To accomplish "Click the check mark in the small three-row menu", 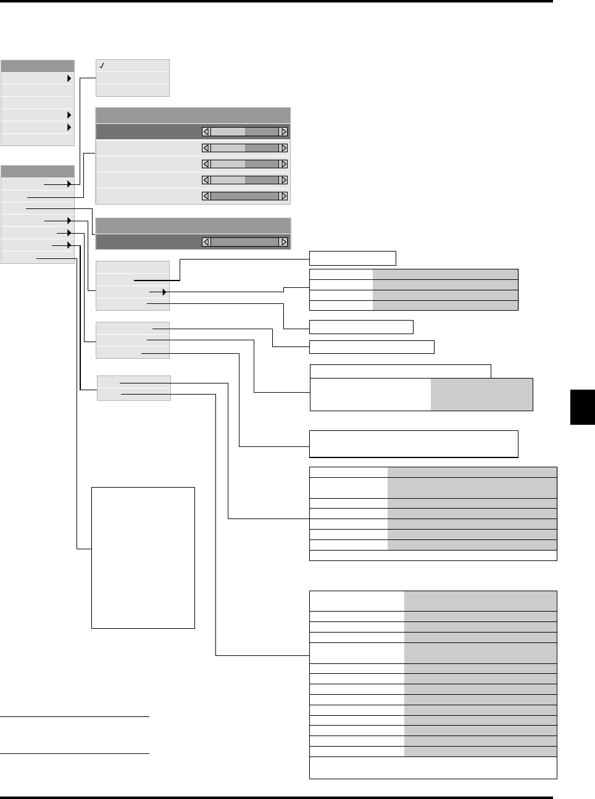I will (102, 65).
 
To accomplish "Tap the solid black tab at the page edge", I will (582, 407).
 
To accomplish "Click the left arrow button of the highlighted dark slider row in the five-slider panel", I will (206, 131).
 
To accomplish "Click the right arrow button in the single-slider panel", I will (283, 242).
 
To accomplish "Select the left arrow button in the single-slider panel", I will (206, 242).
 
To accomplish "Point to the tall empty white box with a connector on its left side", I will (143, 557).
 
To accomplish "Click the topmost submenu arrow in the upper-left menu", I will (69, 78).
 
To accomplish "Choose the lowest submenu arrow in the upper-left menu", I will (69, 127).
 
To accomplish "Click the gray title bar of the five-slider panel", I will (193, 115).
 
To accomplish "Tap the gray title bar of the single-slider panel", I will (193, 225).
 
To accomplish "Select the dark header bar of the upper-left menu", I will (38, 66).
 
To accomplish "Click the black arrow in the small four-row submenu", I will (164, 292).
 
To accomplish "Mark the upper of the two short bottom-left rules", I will (75, 717).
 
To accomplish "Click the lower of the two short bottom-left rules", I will (75, 753).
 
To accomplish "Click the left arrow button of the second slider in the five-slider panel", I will (206, 148).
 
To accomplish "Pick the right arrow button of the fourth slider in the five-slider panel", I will (283, 180).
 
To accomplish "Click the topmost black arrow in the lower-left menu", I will (69, 184).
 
